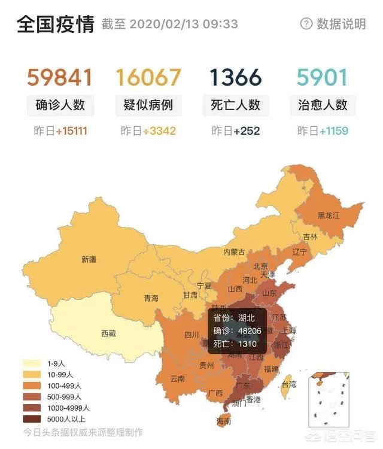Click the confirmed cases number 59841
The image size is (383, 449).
click(x=60, y=78)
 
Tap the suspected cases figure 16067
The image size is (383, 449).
click(x=148, y=78)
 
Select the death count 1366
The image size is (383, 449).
click(x=236, y=78)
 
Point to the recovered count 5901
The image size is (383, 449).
click(x=323, y=78)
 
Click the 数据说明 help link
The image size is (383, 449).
click(x=333, y=24)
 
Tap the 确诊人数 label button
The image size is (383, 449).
click(x=60, y=105)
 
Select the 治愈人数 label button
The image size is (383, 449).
click(x=323, y=105)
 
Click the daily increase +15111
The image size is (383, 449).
click(x=71, y=131)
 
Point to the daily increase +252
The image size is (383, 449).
click(x=247, y=131)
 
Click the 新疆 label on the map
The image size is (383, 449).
click(x=89, y=260)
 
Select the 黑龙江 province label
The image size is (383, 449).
click(x=329, y=216)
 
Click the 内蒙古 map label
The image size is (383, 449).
click(x=234, y=252)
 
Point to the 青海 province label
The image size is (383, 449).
click(x=151, y=298)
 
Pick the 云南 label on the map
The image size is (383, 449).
click(x=178, y=378)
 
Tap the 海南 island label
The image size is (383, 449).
click(x=223, y=421)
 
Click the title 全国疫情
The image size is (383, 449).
click(x=55, y=24)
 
